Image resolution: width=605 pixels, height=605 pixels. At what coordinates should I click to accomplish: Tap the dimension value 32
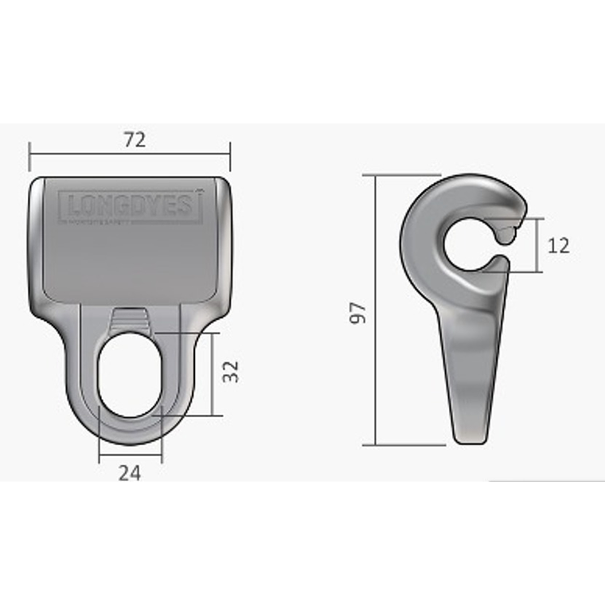pos(231,372)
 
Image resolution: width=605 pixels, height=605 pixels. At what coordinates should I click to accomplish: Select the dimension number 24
pos(130,473)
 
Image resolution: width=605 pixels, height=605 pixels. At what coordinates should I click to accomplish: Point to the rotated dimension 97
pos(359,312)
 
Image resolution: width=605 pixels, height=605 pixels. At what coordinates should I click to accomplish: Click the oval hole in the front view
pos(130,374)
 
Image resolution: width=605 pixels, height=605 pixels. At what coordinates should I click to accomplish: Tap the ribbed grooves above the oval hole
pos(130,321)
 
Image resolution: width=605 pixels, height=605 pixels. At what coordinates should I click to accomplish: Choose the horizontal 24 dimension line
pos(130,456)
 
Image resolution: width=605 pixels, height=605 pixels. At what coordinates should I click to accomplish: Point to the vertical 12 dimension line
pos(542,245)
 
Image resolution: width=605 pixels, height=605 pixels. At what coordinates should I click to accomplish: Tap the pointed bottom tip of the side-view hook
pos(468,436)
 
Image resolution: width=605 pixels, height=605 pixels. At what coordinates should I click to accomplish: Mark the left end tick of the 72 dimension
pos(29,156)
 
